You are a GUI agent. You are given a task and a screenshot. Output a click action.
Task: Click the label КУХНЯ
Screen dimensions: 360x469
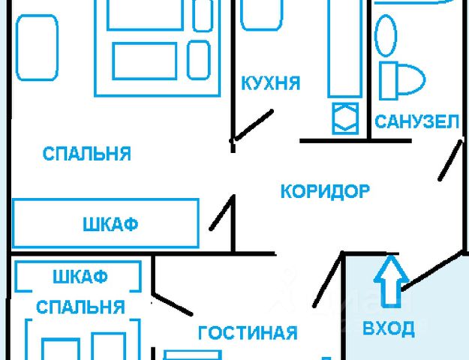(271, 82)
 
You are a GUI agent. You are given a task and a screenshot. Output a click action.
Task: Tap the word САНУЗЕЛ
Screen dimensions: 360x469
(417, 121)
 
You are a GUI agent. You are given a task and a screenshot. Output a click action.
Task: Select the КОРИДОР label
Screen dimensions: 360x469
(325, 191)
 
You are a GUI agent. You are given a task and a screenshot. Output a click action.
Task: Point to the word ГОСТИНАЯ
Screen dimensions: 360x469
(248, 332)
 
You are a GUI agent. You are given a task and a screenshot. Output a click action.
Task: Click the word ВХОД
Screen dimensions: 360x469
(388, 328)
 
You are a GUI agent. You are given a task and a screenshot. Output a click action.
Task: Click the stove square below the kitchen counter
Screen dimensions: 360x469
(345, 118)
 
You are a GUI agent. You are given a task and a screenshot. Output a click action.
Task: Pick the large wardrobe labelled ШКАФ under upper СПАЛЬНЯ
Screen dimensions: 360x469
(105, 224)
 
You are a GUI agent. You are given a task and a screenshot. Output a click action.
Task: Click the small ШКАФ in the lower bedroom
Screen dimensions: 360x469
(79, 277)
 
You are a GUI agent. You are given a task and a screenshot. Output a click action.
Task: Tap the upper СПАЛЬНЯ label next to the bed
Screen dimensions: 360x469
(86, 154)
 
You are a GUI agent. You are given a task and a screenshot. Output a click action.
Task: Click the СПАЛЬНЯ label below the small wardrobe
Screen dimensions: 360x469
(80, 307)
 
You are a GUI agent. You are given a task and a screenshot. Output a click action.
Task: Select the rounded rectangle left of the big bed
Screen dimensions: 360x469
(37, 49)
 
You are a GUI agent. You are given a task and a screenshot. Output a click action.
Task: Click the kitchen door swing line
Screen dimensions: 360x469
(251, 125)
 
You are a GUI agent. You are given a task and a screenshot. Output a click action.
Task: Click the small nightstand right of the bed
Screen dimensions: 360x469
(199, 58)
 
